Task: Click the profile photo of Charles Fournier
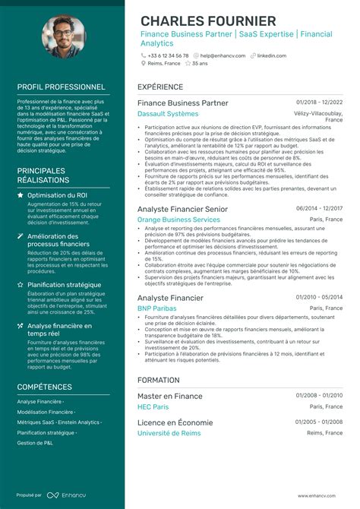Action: click(63, 39)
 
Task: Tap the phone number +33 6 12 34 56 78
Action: click(168, 55)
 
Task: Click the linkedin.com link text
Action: click(272, 55)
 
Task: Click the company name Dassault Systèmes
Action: click(167, 114)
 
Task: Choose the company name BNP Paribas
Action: click(156, 309)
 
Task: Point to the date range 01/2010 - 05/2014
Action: click(319, 298)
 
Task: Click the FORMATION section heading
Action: click(159, 379)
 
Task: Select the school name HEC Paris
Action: click(153, 407)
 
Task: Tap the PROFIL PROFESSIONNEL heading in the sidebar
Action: click(61, 87)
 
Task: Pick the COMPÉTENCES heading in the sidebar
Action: click(50, 387)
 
